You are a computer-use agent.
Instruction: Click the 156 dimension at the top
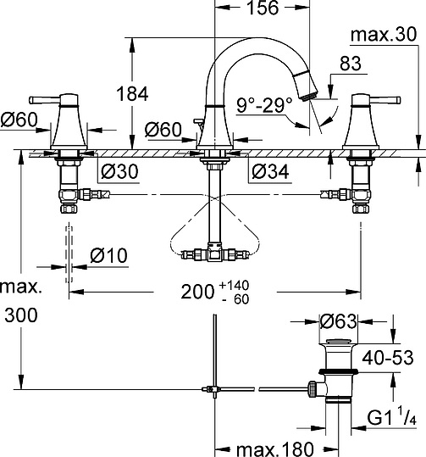point(263,8)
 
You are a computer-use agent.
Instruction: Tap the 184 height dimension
point(132,94)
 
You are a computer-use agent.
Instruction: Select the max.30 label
point(384,35)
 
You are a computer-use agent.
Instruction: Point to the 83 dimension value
point(351,64)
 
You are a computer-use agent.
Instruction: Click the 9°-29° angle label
point(264,105)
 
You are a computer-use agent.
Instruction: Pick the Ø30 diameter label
point(119,171)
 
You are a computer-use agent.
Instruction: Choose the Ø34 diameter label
point(270,171)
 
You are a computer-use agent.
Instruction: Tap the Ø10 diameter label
point(108,255)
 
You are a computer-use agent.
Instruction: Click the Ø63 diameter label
point(338,321)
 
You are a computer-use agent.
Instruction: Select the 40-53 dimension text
point(388,358)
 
